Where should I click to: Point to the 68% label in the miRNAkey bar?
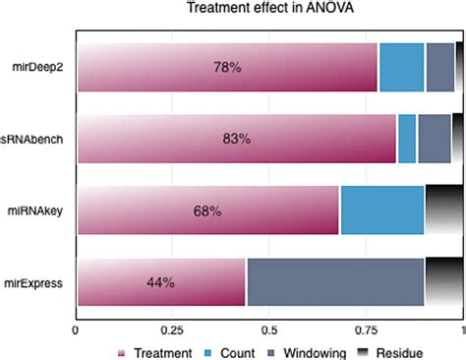[207, 210]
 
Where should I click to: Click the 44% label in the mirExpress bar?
[160, 282]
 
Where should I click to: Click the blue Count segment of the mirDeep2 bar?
[401, 68]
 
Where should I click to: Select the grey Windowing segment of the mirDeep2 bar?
[439, 68]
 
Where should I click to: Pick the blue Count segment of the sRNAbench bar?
[407, 139]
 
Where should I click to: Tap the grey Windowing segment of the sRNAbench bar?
[434, 139]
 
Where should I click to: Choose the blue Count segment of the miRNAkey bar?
[381, 210]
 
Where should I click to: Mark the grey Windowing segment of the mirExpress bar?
[335, 282]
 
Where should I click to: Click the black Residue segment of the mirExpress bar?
[443, 282]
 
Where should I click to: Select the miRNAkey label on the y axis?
[37, 210]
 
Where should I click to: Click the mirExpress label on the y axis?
[36, 282]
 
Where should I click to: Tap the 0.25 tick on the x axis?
[172, 330]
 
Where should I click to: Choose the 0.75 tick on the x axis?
[366, 330]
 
